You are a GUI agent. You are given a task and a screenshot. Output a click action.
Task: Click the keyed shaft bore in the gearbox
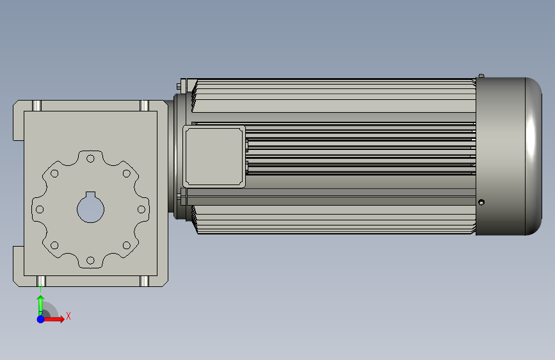tap(91, 208)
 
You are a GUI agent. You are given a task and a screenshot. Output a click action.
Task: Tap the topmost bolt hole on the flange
tap(91, 158)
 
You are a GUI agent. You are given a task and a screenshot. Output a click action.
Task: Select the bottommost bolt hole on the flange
tap(91, 261)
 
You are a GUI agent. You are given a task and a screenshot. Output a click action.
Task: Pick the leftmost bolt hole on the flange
tap(40, 209)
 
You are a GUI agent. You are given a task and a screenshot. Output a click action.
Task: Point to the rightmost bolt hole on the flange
tap(141, 209)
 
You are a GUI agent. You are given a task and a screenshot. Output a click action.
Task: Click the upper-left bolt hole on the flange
tap(54, 173)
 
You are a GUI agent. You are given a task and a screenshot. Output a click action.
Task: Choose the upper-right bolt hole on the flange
tap(126, 173)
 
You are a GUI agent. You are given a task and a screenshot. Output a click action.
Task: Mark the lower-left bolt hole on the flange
tap(54, 245)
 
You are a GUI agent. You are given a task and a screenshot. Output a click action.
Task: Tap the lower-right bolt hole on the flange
tap(126, 245)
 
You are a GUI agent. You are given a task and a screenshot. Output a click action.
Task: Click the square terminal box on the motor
tap(214, 156)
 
